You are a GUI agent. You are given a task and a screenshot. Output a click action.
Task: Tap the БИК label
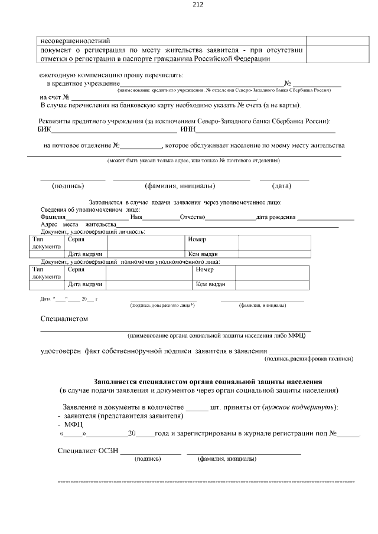click(x=45, y=130)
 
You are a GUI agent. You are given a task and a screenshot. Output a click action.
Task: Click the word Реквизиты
click(x=58, y=121)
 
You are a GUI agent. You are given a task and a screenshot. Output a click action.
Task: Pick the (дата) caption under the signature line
click(x=281, y=186)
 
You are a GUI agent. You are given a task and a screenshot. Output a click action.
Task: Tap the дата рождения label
click(x=275, y=217)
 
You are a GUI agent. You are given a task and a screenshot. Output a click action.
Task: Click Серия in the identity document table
click(x=76, y=240)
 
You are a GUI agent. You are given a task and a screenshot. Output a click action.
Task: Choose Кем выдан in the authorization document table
click(x=210, y=284)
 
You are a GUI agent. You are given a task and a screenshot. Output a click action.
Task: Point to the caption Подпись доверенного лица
click(x=162, y=305)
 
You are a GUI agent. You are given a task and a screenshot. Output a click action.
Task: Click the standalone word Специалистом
click(x=64, y=319)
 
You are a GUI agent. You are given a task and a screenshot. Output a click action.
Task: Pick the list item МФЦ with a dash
click(x=70, y=424)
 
